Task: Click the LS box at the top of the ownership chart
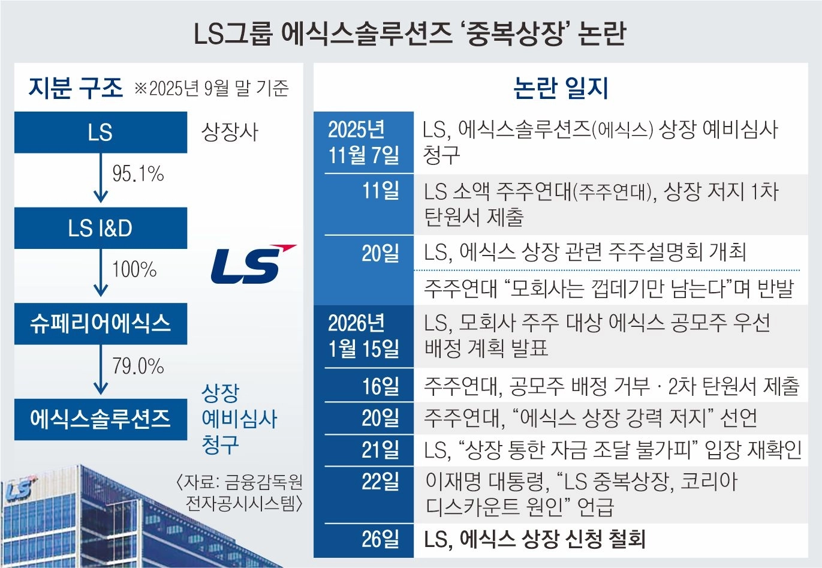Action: [x=100, y=133]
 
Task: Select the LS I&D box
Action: [x=100, y=228]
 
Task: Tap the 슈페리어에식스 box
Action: [x=100, y=323]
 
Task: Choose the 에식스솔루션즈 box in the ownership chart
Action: [x=100, y=419]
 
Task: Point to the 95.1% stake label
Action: [x=138, y=174]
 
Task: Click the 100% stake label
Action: [x=134, y=269]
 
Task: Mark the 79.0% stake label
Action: [x=138, y=365]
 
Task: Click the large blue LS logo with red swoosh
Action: [x=252, y=264]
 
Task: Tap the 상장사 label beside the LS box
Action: [x=230, y=132]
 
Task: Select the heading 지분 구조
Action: [x=76, y=88]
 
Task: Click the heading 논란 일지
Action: [x=561, y=88]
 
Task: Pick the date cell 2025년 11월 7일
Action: [x=363, y=142]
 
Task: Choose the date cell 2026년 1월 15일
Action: [x=363, y=336]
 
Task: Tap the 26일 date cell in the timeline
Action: [x=380, y=539]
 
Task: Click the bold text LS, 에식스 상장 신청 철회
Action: [x=534, y=539]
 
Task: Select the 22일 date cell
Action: [x=380, y=482]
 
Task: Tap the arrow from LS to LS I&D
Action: [x=101, y=178]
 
